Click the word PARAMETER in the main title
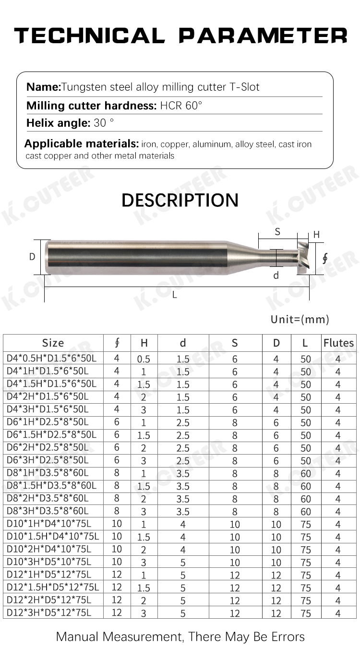(263, 36)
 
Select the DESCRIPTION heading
(180, 200)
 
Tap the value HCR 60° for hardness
(181, 106)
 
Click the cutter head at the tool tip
(303, 258)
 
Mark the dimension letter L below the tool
(175, 295)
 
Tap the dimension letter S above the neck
(277, 232)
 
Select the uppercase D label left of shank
(32, 257)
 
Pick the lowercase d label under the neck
(276, 276)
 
